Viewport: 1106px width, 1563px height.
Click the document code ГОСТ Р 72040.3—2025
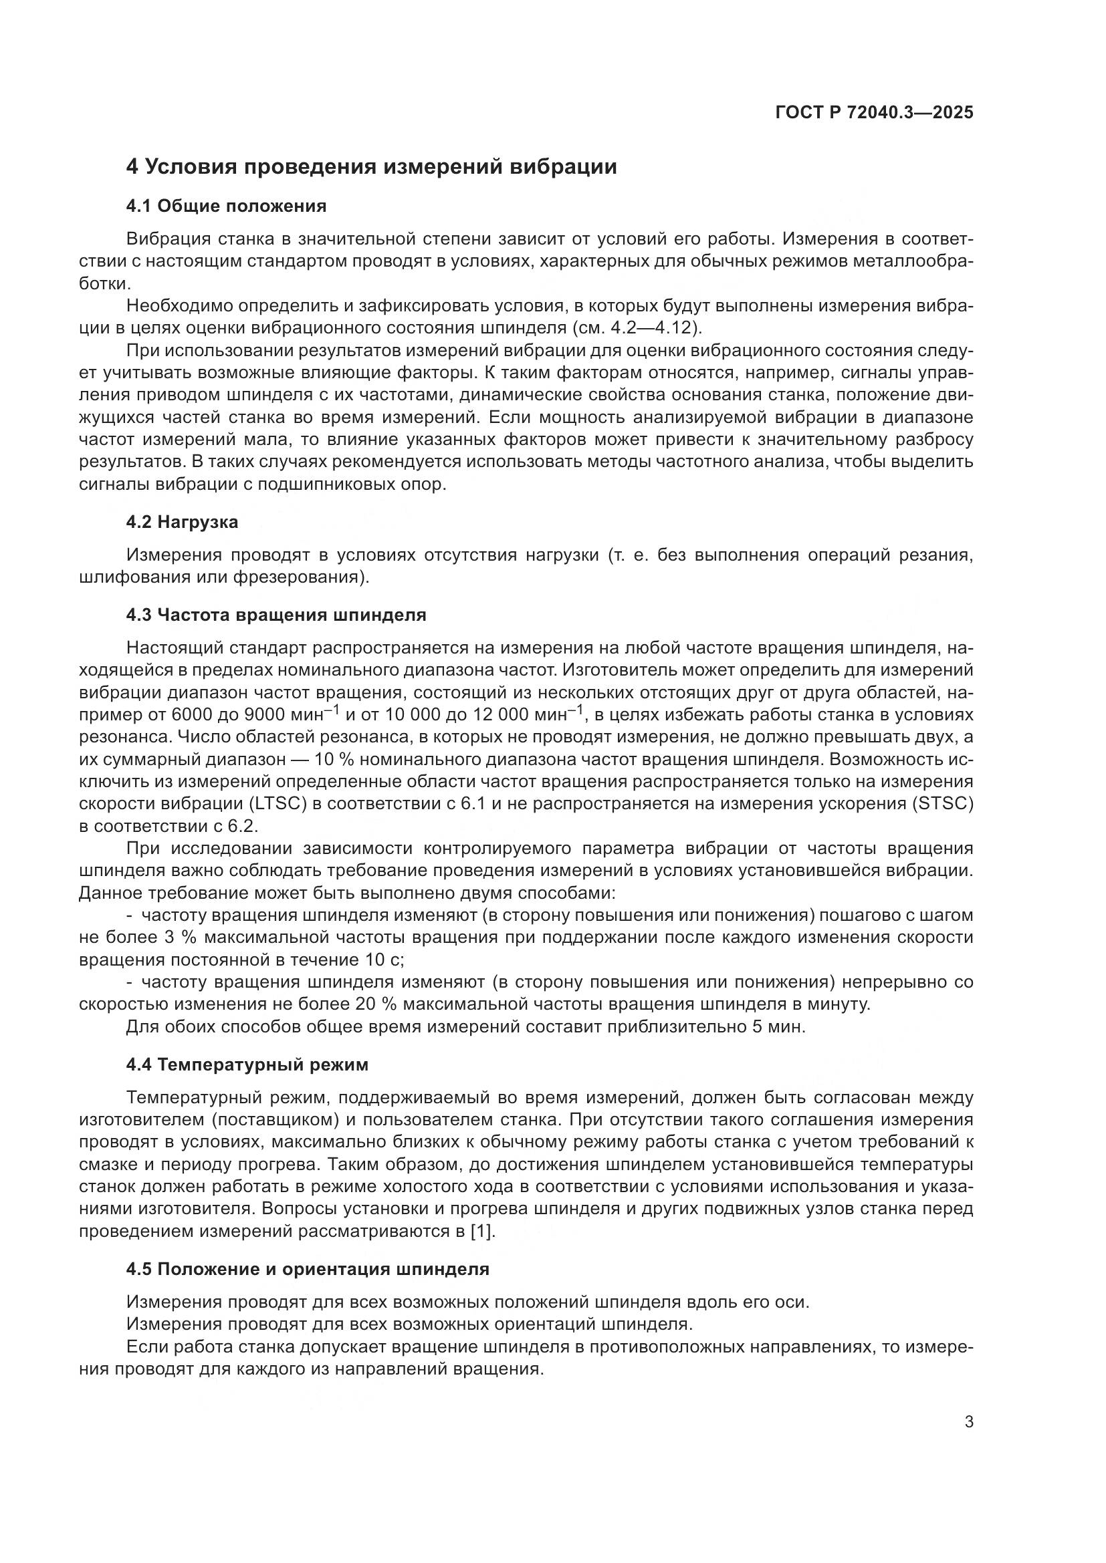tap(874, 113)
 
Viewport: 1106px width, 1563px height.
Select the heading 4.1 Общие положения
tap(226, 206)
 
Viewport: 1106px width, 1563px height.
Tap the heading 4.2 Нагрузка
tap(182, 522)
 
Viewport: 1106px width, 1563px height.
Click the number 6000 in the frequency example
tap(195, 715)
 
